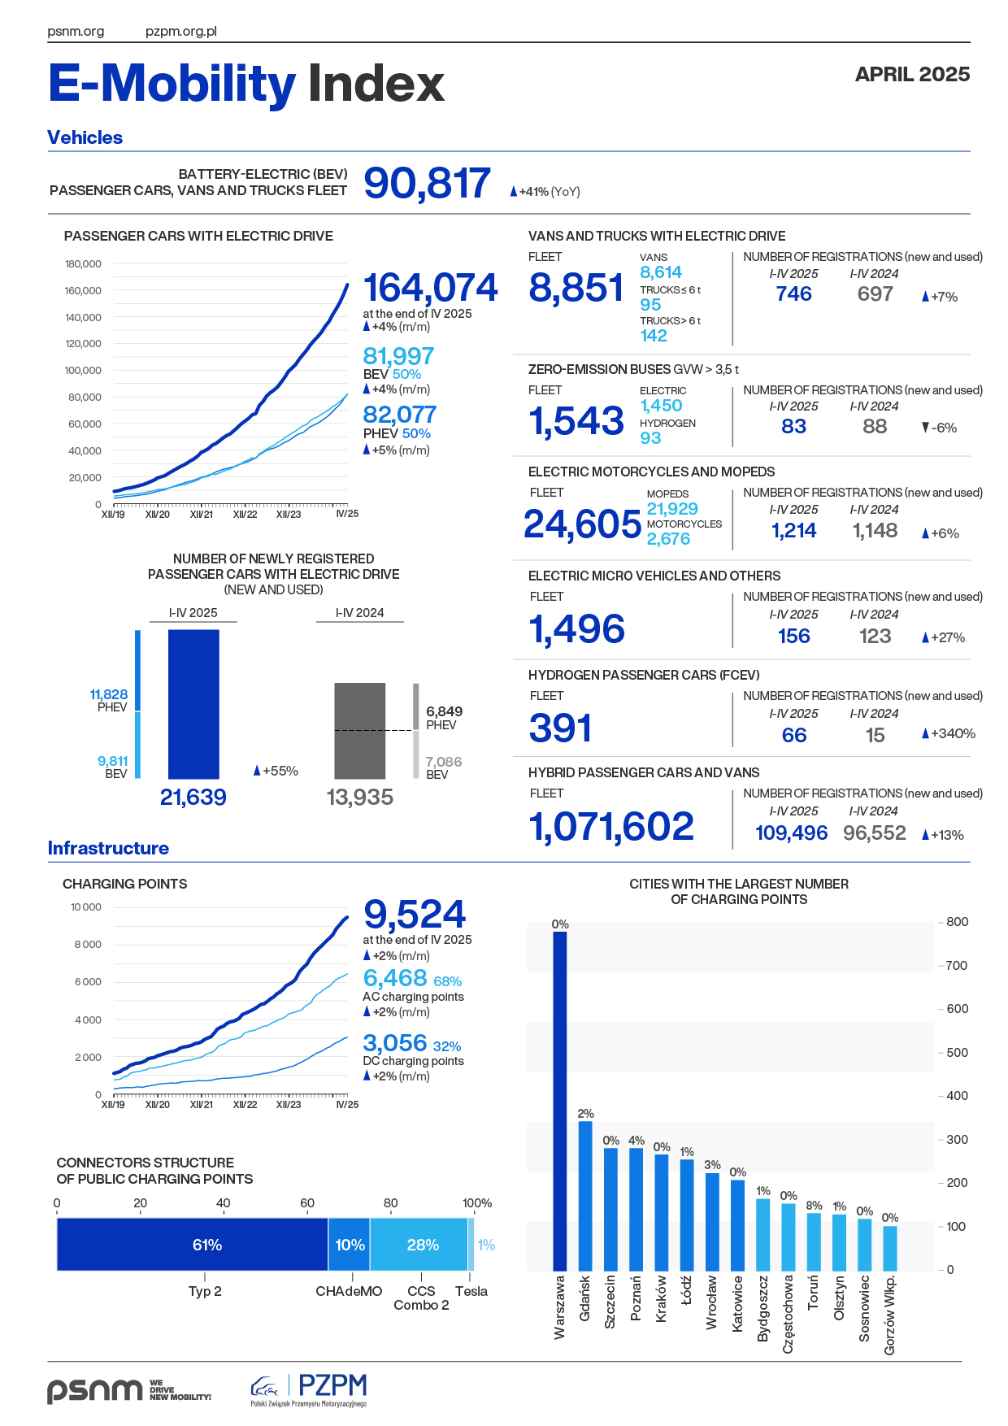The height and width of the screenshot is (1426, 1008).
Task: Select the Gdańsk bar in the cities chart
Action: pyautogui.click(x=585, y=1195)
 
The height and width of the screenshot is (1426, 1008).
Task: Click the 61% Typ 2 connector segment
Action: pyautogui.click(x=193, y=1245)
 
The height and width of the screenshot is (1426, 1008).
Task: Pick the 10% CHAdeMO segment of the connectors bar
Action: pyautogui.click(x=350, y=1245)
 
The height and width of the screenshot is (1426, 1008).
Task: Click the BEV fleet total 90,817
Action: pyautogui.click(x=427, y=183)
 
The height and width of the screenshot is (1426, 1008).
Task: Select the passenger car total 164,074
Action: pyautogui.click(x=430, y=288)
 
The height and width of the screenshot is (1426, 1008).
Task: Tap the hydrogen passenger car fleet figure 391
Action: pyautogui.click(x=560, y=728)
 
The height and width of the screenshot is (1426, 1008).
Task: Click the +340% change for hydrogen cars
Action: pyautogui.click(x=949, y=733)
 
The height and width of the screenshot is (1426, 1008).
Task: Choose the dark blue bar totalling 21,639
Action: pyautogui.click(x=193, y=704)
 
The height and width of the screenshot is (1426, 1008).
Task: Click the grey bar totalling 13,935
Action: pyautogui.click(x=360, y=731)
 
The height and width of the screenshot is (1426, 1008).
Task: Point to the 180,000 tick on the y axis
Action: pyautogui.click(x=83, y=263)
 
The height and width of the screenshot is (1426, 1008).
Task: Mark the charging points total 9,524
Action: pyautogui.click(x=415, y=915)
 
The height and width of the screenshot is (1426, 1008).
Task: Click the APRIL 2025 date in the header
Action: pyautogui.click(x=912, y=74)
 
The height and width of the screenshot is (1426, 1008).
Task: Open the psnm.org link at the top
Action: pyautogui.click(x=76, y=32)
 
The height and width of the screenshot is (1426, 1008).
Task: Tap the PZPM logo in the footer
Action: pyautogui.click(x=310, y=1389)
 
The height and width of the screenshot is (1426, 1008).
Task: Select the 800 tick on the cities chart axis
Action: pyautogui.click(x=957, y=922)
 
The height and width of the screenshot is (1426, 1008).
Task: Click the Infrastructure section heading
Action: pyautogui.click(x=108, y=848)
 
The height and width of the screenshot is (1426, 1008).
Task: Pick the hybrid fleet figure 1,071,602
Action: pyautogui.click(x=611, y=826)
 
